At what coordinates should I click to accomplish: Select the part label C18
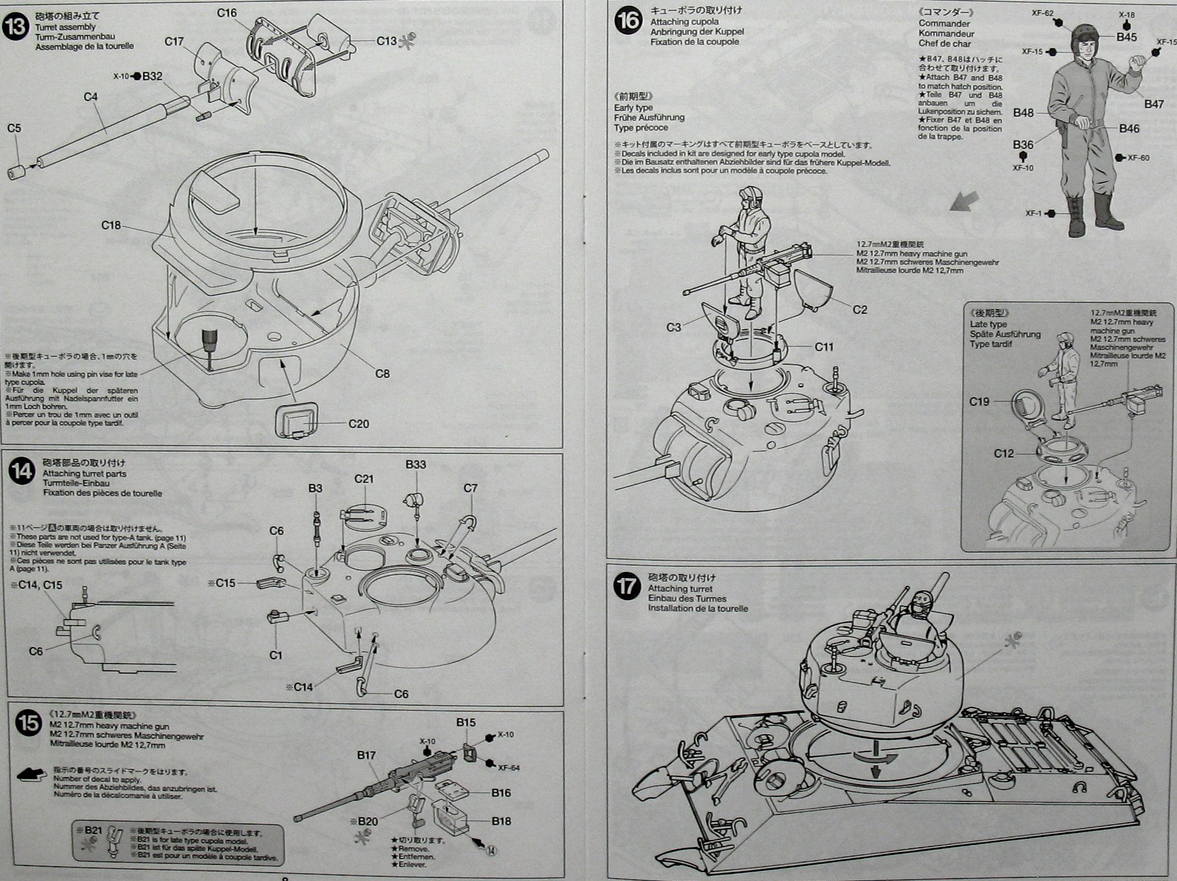(111, 225)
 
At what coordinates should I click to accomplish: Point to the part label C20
(358, 424)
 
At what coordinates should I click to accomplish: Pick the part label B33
(415, 465)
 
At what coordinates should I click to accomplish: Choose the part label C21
(364, 479)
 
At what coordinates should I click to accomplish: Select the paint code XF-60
(1138, 158)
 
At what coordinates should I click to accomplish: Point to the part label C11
(824, 347)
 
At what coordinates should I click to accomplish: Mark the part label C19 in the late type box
(979, 402)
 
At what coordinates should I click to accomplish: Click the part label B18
(501, 821)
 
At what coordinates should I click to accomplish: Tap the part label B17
(366, 755)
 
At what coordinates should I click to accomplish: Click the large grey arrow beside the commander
(964, 204)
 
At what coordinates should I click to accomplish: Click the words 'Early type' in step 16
(633, 108)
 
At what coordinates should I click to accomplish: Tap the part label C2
(860, 310)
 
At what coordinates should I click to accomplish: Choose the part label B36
(1023, 145)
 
